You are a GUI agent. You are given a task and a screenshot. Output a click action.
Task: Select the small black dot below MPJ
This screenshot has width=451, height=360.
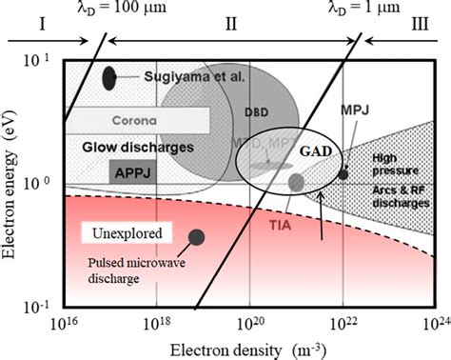coord(343,173)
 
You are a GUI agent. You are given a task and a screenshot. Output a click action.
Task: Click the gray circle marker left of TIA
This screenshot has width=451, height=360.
coord(296,181)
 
